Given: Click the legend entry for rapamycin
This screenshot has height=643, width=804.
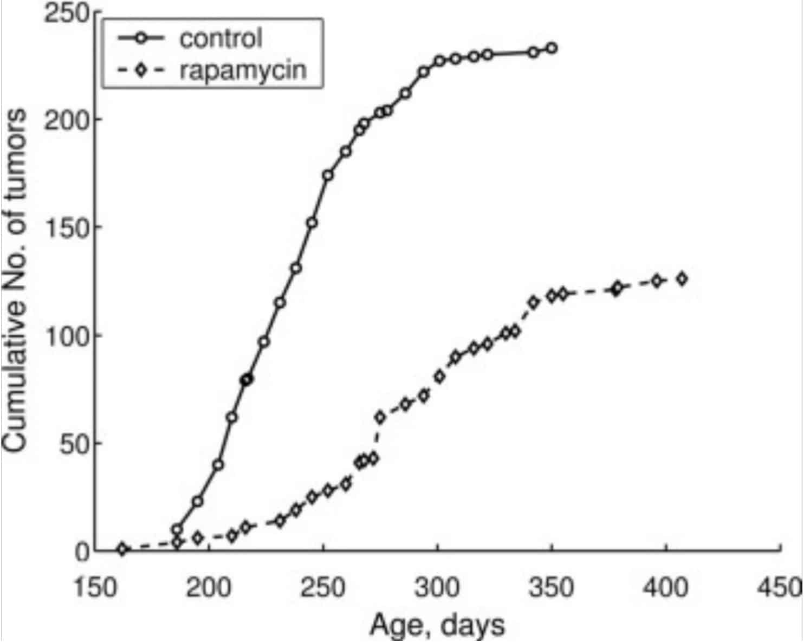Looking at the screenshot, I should (243, 70).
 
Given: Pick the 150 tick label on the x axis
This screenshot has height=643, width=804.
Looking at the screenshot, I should (95, 587).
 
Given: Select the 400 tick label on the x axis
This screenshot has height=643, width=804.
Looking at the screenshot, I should (666, 587).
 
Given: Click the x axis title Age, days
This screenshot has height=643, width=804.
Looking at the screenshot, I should (437, 625).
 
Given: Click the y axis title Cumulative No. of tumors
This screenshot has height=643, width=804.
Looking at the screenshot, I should (15, 281).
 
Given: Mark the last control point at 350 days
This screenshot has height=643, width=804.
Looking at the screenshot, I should (552, 48).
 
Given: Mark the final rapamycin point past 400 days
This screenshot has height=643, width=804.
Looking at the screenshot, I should (682, 279).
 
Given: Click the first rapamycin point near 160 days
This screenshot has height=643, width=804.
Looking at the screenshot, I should (122, 549).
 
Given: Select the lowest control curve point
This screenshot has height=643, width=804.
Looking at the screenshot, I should (177, 530).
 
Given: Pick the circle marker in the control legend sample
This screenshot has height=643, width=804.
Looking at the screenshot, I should (141, 38).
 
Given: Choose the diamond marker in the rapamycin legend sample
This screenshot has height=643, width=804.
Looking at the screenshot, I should (141, 70).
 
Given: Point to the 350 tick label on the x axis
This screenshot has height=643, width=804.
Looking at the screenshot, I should (552, 587).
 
